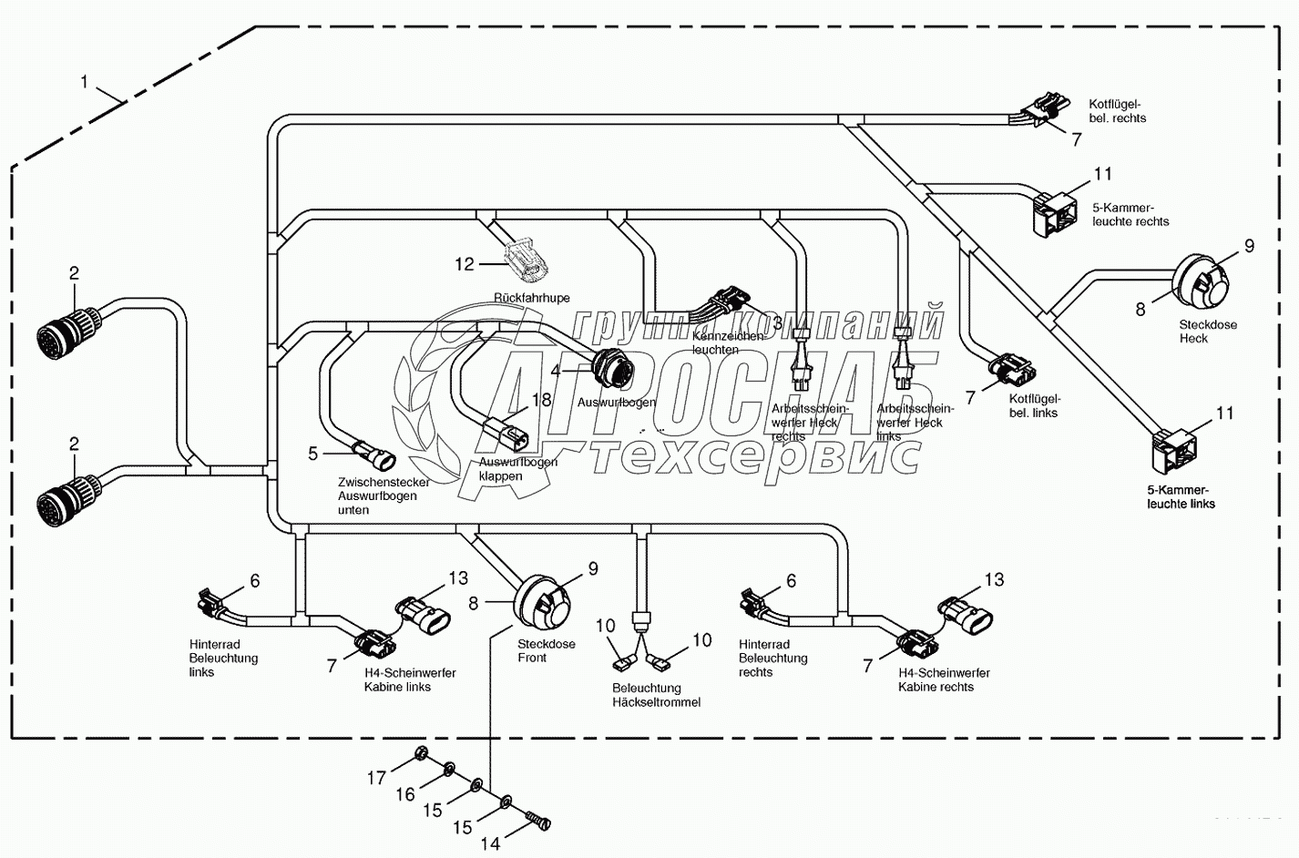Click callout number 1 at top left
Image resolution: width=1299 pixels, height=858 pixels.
click(85, 82)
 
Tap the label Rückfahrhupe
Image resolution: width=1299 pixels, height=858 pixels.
click(531, 298)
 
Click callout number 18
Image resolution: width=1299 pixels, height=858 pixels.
click(541, 401)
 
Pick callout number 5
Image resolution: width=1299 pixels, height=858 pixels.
click(313, 452)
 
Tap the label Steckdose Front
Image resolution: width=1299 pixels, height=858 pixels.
click(546, 651)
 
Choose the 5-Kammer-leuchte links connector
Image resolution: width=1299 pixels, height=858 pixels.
click(1177, 446)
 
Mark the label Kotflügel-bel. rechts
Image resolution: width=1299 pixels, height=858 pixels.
click(1117, 111)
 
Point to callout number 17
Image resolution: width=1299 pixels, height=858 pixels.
click(377, 778)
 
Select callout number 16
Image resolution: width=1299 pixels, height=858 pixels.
click(405, 794)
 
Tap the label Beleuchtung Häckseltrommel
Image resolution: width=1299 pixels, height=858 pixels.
click(656, 695)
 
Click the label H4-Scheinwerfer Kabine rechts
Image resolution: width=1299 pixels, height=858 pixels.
click(944, 679)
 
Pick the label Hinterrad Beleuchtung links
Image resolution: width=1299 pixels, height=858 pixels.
click(223, 658)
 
